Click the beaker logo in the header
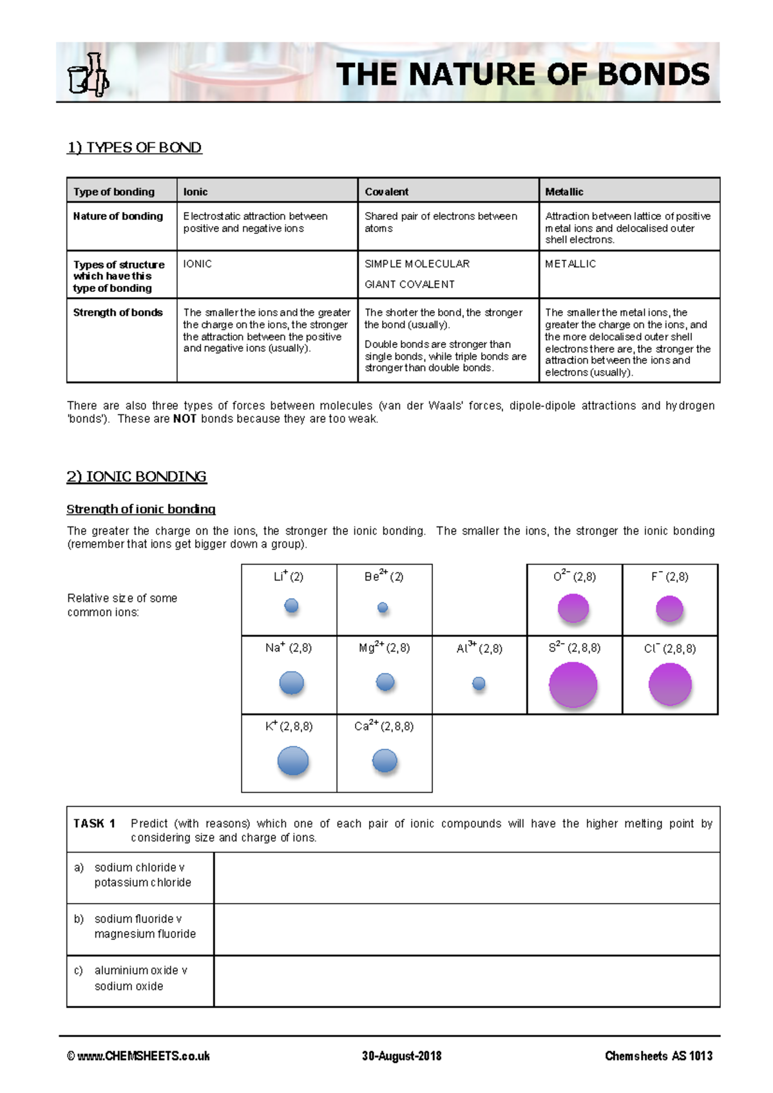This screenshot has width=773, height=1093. pyautogui.click(x=88, y=76)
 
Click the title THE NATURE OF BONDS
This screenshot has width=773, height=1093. pyautogui.click(x=522, y=74)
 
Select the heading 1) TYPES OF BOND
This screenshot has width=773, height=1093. pyautogui.click(x=134, y=148)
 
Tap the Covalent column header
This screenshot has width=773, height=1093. pyautogui.click(x=386, y=191)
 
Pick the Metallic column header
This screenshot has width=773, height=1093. pyautogui.click(x=564, y=191)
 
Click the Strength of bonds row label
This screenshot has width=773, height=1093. pyautogui.click(x=118, y=313)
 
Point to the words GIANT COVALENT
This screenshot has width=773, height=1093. pyautogui.click(x=410, y=284)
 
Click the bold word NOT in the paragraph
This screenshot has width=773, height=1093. pyautogui.click(x=184, y=419)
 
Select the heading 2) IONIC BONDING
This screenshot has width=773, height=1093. pyautogui.click(x=137, y=477)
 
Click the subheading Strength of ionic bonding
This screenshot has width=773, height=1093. pyautogui.click(x=141, y=509)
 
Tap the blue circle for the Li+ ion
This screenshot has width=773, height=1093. pyautogui.click(x=291, y=606)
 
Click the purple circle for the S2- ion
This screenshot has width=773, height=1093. pyautogui.click(x=573, y=684)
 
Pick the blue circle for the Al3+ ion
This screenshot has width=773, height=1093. pyautogui.click(x=479, y=683)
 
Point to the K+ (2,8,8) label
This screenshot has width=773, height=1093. pyautogui.click(x=289, y=726)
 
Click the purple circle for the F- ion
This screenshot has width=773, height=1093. pyautogui.click(x=669, y=608)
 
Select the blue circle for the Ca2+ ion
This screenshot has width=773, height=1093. pyautogui.click(x=385, y=760)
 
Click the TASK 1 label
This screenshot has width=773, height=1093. pyautogui.click(x=94, y=824)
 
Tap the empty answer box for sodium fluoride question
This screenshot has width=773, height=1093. pyautogui.click(x=466, y=929)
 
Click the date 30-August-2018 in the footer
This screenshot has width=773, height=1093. pyautogui.click(x=401, y=1056)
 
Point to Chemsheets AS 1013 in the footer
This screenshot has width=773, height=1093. pyautogui.click(x=658, y=1056)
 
